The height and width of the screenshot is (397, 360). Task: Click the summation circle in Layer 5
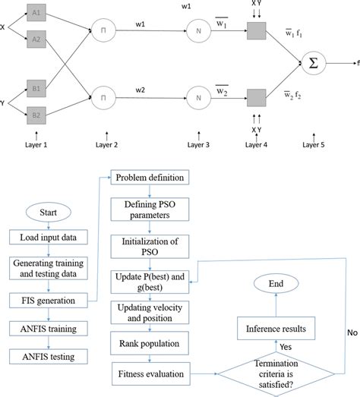point(313,64)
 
